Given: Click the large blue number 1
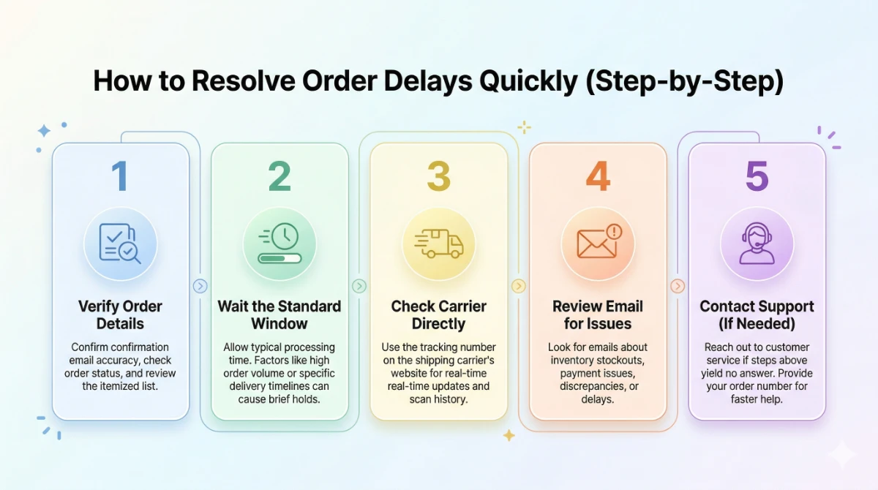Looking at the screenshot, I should click(120, 176).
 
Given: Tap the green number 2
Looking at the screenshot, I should click(279, 176).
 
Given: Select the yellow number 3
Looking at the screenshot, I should click(438, 176).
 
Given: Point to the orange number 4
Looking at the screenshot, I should click(598, 176).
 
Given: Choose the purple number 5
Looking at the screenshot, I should click(757, 176).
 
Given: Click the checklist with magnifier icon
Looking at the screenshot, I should click(121, 243).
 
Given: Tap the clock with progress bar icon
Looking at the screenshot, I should click(279, 243).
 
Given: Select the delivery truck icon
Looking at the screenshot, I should click(438, 243).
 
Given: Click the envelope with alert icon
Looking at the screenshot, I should click(598, 243).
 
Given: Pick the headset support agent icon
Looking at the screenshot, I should click(757, 243).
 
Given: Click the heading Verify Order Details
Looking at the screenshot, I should click(121, 314).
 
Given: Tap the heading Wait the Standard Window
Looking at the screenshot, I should click(279, 314).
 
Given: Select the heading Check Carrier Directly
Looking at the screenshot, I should click(438, 314).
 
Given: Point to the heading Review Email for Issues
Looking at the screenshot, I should click(598, 314).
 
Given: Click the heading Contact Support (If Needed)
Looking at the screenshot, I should click(757, 314).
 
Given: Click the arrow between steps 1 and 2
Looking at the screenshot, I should click(200, 286).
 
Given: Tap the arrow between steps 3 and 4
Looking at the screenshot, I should click(518, 286).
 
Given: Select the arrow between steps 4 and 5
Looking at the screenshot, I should click(678, 286).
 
